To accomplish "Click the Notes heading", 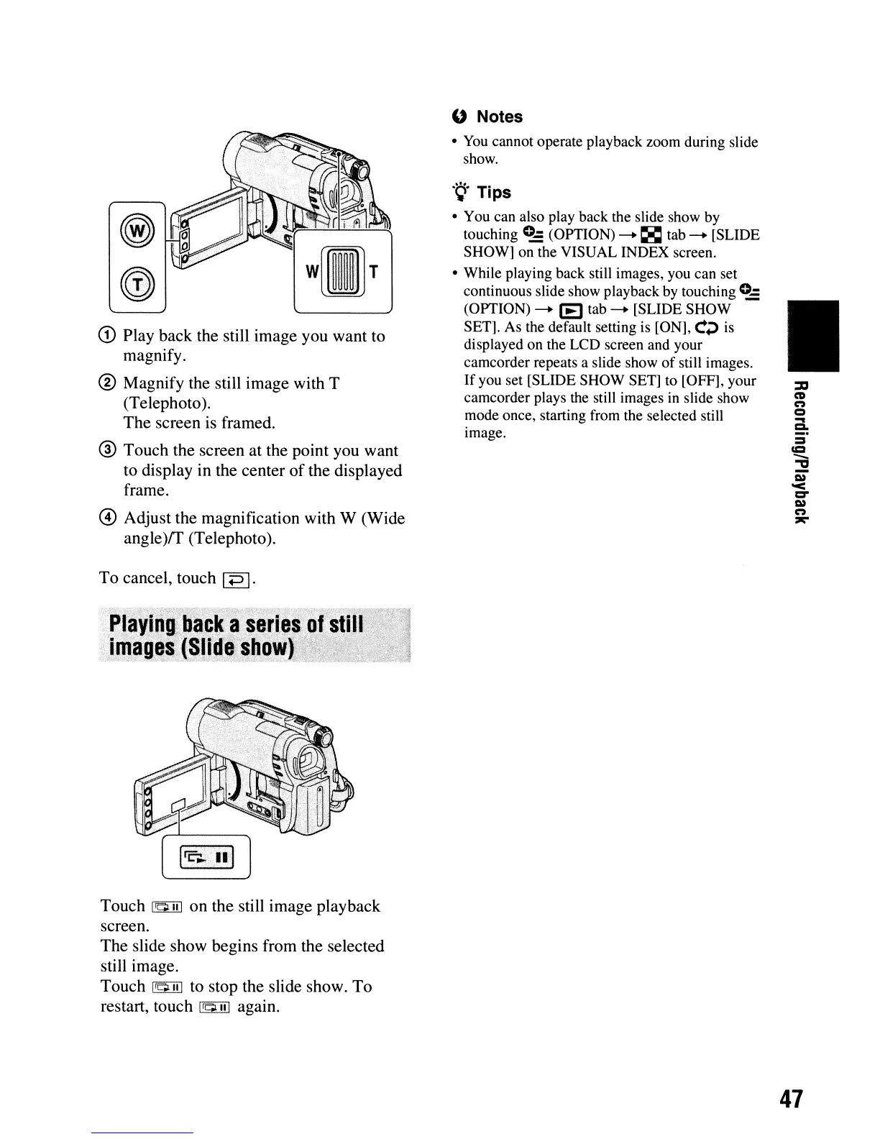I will click(x=499, y=116).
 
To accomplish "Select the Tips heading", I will click(x=493, y=193).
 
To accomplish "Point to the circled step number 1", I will click(x=109, y=337).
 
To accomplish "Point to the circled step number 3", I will click(x=109, y=451).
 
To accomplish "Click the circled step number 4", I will click(x=109, y=518).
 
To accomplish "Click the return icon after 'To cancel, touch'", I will click(x=236, y=580).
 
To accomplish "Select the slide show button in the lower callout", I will click(x=206, y=856).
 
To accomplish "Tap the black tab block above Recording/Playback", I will click(x=813, y=336).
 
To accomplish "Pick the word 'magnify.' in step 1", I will click(x=155, y=357).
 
